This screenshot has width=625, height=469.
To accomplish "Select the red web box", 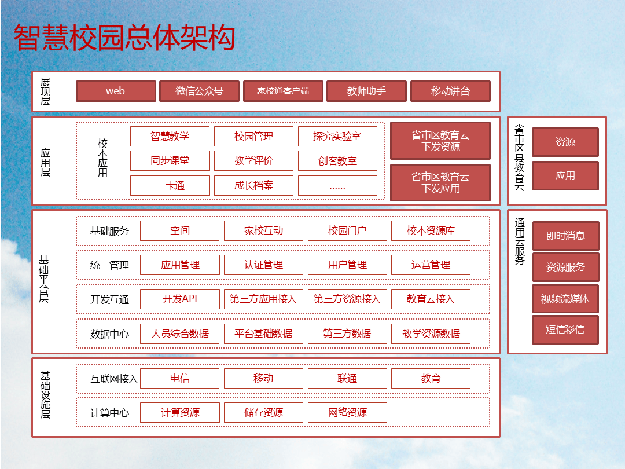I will [x=116, y=91].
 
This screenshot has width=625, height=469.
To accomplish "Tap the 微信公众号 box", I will [x=199, y=91].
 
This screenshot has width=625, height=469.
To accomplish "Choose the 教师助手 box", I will [x=366, y=91].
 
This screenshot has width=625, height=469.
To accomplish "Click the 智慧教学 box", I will [x=170, y=137].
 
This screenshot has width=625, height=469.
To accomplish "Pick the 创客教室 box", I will [x=337, y=161].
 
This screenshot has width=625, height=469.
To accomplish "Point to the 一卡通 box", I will [x=170, y=185].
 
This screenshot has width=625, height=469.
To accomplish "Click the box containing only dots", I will [x=337, y=185].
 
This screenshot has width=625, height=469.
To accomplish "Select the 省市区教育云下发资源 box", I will [x=440, y=141].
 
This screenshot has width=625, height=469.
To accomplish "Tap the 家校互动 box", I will [x=263, y=230].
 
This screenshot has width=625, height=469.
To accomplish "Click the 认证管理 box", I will [x=263, y=265].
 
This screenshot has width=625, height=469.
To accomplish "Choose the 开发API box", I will [x=180, y=299].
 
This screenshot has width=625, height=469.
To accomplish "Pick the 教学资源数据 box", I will [x=431, y=334].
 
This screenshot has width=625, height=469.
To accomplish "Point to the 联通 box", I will [x=347, y=378].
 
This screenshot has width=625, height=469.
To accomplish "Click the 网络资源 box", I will [x=347, y=412].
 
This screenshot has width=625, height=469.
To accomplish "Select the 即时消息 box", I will [x=565, y=236].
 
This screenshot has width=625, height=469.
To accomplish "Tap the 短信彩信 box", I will [x=565, y=329].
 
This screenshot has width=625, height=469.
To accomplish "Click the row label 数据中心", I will [x=109, y=334].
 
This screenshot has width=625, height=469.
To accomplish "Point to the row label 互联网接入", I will [x=114, y=379].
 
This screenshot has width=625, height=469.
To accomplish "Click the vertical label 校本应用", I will [x=102, y=157].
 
